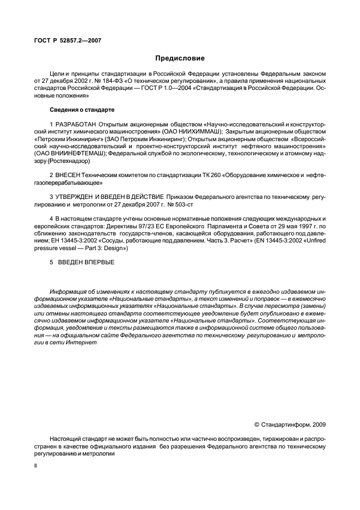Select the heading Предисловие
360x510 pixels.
click(x=180, y=58)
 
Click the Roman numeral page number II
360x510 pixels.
click(x=35, y=467)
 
